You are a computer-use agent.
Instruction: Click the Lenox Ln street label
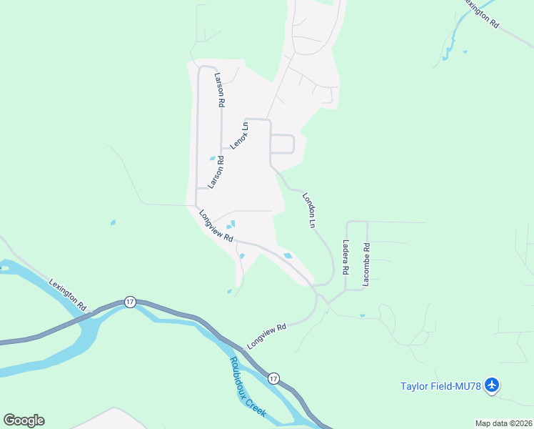tap(240, 136)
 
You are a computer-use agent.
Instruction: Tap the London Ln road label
tap(309, 209)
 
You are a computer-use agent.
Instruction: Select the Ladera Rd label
tap(346, 257)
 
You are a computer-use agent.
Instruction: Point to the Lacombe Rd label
tap(366, 266)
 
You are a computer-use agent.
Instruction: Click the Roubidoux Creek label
tap(247, 387)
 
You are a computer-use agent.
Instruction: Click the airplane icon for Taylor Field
tap(491, 385)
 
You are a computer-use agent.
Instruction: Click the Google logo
tap(24, 420)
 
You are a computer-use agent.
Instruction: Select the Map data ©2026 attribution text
tap(503, 423)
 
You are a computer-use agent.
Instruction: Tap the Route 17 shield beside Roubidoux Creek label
tap(273, 377)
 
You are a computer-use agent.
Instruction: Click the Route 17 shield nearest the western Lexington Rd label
tap(129, 302)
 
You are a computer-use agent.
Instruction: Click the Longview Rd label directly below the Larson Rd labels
tap(216, 226)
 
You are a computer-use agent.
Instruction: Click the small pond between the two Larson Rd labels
tap(212, 158)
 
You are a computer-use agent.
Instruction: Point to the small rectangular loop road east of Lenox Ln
tap(282, 144)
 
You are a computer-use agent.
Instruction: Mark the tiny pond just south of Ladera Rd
tap(362, 315)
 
